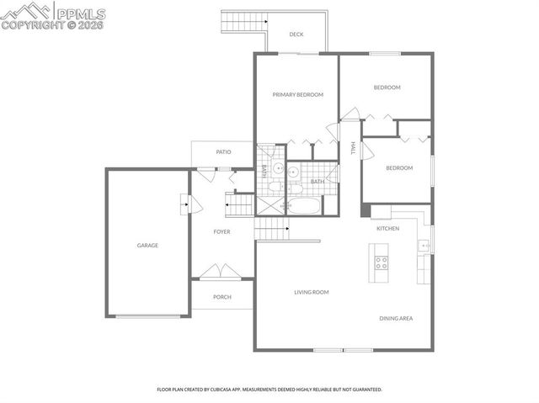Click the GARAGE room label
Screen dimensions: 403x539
(147, 246)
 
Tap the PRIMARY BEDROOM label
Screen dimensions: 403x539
(297, 95)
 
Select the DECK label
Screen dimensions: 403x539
(296, 34)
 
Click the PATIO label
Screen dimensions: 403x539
(223, 152)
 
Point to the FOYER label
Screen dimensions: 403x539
(221, 231)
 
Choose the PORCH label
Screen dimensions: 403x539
(221, 297)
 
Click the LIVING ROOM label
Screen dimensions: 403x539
(311, 293)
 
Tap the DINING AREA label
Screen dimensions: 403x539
(395, 318)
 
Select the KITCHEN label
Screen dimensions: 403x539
(387, 229)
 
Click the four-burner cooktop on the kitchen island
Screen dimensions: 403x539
(381, 261)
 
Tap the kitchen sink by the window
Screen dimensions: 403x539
(424, 246)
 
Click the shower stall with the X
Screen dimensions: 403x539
(270, 207)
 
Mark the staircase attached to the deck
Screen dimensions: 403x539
(239, 20)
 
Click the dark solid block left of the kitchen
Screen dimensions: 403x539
(366, 211)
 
